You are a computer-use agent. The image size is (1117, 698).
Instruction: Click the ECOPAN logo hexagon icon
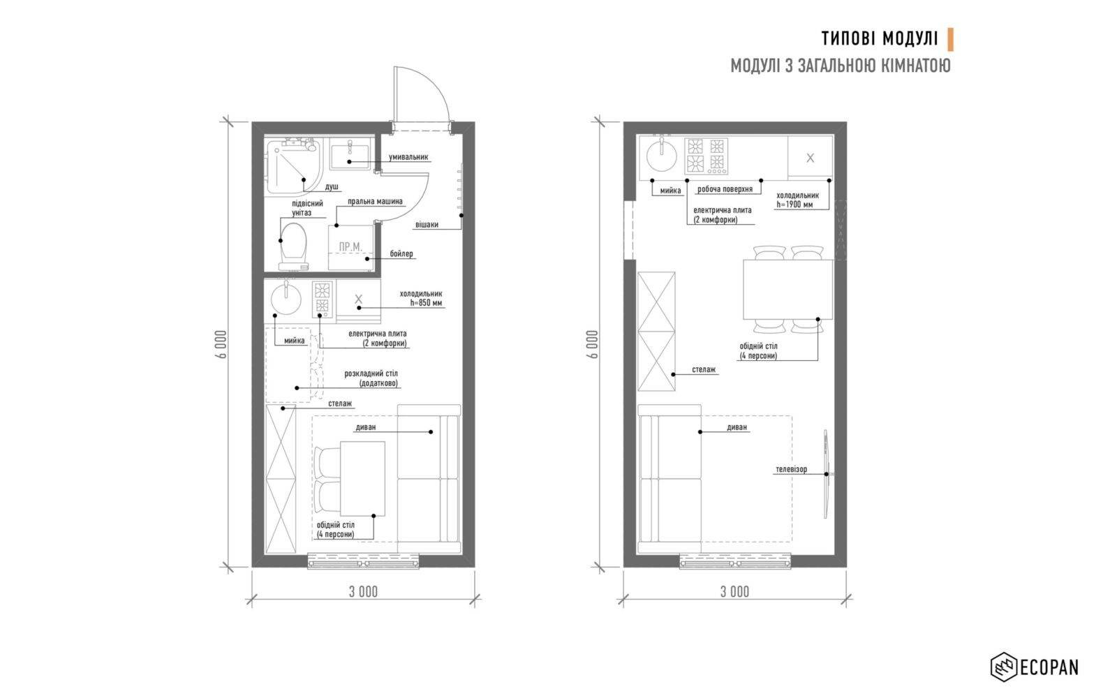point(1004,667)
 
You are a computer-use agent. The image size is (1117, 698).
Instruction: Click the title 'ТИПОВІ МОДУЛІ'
point(880,39)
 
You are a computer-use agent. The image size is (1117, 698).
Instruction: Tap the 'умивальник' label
point(408,157)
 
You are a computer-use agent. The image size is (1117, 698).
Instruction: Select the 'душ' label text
point(332,187)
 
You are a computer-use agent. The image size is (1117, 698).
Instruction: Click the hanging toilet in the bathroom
point(293,246)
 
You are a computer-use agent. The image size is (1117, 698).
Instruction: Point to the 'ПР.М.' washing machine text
point(350,247)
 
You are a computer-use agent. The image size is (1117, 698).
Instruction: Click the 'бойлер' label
point(401,254)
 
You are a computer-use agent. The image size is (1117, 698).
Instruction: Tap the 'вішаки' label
point(427,225)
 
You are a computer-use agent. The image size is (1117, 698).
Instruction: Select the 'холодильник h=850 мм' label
point(422,298)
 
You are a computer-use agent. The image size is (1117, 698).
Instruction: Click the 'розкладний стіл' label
point(371,373)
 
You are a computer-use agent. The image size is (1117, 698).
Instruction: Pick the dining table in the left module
point(362,479)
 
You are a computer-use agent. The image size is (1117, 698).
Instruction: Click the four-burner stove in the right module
point(706,156)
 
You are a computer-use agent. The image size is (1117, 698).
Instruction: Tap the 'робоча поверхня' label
point(725,189)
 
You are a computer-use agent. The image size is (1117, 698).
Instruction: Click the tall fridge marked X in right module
point(811,158)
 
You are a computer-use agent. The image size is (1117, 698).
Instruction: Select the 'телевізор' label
point(792,470)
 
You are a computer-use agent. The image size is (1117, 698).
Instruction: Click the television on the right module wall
point(826,474)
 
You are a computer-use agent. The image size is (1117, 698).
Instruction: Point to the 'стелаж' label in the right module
point(704,369)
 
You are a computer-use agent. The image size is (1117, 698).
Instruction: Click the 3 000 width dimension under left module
point(363,592)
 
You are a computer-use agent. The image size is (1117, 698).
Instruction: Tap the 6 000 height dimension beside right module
point(593,344)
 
